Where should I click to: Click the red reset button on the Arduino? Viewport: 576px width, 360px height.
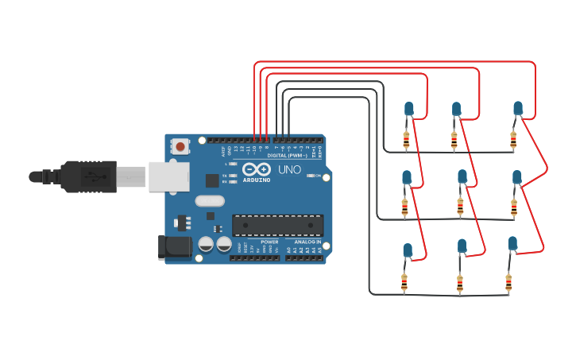tap(181, 146)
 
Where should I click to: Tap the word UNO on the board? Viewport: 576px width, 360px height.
tap(289, 169)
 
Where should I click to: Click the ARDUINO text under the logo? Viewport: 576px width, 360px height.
tap(257, 180)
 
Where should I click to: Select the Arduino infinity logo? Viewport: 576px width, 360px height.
tap(256, 169)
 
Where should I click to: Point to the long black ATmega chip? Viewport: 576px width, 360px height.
tap(277, 225)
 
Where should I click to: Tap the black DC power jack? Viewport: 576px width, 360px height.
tap(175, 247)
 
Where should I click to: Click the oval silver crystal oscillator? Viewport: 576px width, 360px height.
tap(210, 201)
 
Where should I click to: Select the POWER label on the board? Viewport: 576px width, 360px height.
tap(269, 242)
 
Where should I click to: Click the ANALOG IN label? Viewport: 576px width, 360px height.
tap(307, 242)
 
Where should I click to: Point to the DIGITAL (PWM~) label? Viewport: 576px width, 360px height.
tap(288, 155)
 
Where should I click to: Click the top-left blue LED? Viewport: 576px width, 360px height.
tap(409, 108)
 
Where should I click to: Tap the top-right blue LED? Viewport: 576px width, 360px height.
tap(518, 107)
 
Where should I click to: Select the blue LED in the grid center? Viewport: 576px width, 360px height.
tap(462, 176)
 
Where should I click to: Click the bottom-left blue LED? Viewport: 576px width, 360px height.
tap(408, 250)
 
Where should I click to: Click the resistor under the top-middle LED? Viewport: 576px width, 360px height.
tap(454, 141)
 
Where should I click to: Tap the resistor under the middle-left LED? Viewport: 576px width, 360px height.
tap(404, 207)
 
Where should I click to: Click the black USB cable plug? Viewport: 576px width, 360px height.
tap(87, 176)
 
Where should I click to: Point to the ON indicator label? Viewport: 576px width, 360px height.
tap(318, 176)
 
